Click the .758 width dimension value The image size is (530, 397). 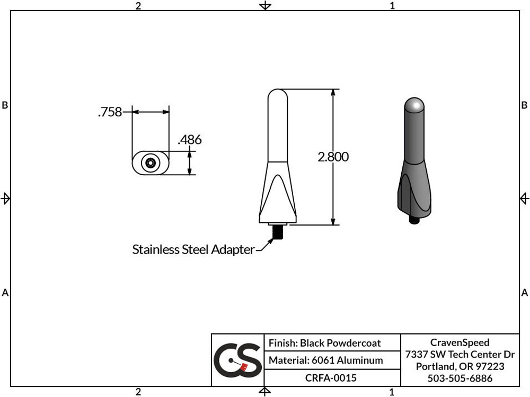[110, 112]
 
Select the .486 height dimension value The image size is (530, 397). [189, 140]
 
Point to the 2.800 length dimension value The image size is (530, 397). [333, 157]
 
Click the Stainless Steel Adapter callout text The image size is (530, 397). [193, 249]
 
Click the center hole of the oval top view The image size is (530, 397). [151, 163]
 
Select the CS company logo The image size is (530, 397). [237, 359]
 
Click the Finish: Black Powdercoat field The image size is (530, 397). [324, 343]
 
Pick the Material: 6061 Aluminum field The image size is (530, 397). [325, 360]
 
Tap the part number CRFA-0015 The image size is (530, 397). [331, 378]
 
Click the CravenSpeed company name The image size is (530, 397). [460, 342]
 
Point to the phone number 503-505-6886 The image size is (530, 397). [460, 378]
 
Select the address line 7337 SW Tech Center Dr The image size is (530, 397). [460, 355]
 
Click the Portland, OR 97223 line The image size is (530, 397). [460, 366]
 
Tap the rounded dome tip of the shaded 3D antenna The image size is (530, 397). [414, 104]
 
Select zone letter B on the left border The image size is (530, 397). [5, 105]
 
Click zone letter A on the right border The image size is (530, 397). [525, 292]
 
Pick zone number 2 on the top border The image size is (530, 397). [138, 6]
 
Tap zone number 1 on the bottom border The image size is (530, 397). [392, 392]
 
